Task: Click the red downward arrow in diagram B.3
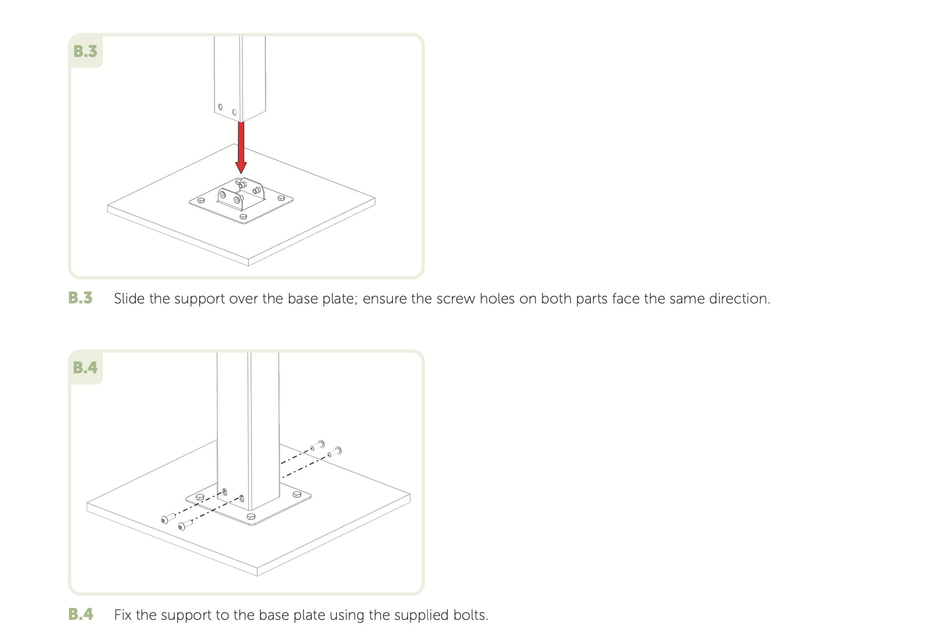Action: point(241,147)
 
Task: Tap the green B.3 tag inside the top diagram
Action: point(85,51)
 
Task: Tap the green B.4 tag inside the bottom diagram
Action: point(85,368)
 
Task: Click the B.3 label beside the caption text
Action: point(81,298)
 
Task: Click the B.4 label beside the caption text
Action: point(81,614)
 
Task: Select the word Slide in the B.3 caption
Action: point(129,299)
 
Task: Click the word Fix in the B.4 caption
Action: point(122,615)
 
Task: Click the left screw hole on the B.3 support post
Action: point(220,107)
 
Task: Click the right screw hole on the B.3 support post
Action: point(234,112)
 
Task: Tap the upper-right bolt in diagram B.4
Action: point(318,445)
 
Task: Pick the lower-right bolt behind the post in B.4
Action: point(335,452)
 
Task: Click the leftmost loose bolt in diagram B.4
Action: point(167,518)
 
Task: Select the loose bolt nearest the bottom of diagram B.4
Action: point(185,525)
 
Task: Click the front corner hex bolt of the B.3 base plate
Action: point(243,217)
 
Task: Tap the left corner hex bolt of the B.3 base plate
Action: point(201,200)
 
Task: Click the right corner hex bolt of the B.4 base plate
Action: point(297,494)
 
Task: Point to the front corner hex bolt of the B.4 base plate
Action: point(251,517)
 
